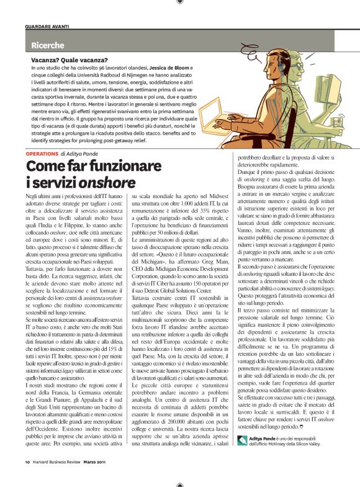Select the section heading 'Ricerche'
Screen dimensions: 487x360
pos(47,45)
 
